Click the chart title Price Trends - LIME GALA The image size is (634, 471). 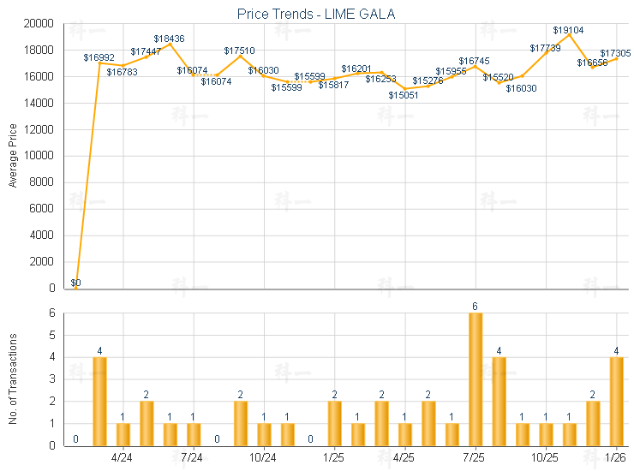click(316, 14)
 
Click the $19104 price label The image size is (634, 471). click(568, 30)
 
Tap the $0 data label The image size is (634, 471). click(75, 283)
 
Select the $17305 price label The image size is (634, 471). click(616, 53)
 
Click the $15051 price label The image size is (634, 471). click(404, 95)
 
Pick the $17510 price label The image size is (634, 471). click(240, 51)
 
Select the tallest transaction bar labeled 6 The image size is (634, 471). click(475, 379)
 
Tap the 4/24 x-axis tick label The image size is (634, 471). click(123, 458)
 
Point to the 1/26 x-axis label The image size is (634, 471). click(615, 458)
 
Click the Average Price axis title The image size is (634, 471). click(13, 156)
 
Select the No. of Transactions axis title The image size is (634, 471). click(13, 379)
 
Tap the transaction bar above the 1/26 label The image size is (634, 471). click(616, 401)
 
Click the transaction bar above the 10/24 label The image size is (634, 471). click(264, 434)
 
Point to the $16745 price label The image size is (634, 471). click(474, 61)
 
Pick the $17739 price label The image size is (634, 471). click(545, 48)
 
